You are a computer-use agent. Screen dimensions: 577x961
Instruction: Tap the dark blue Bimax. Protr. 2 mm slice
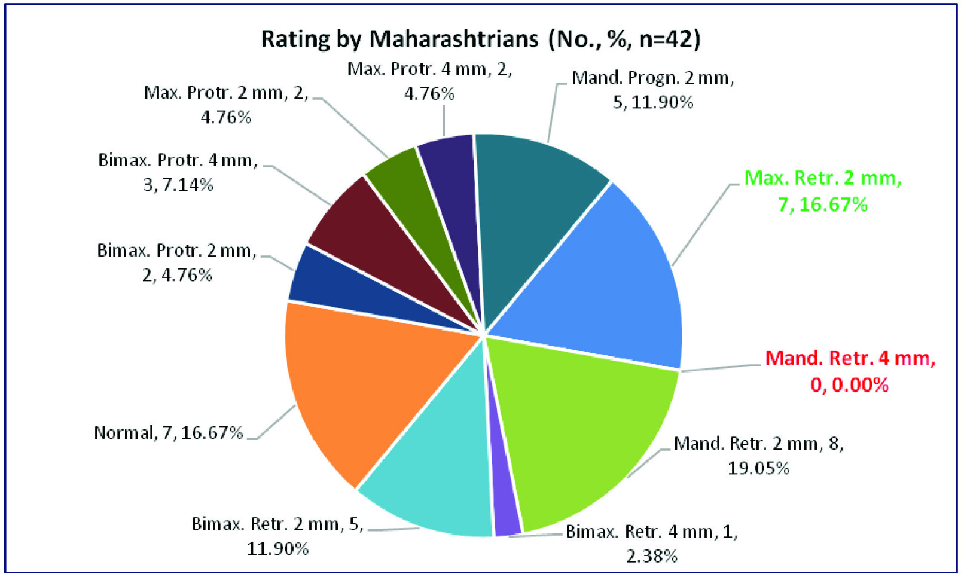click(x=335, y=281)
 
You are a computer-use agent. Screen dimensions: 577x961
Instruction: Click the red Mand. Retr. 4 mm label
click(x=850, y=371)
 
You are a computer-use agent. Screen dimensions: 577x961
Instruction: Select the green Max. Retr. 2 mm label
click(x=822, y=191)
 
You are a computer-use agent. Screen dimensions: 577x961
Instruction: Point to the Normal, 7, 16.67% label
click(x=168, y=432)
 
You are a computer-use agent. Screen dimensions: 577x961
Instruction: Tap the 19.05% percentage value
click(x=758, y=468)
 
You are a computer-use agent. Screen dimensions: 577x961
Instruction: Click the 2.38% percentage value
click(x=651, y=556)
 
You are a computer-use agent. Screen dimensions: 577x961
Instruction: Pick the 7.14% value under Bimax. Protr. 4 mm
click(x=187, y=185)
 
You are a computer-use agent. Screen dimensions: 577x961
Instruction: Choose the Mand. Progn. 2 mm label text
click(x=652, y=78)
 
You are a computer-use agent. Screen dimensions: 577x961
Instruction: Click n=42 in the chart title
click(x=669, y=39)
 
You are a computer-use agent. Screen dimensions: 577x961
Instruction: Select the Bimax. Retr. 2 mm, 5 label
click(x=277, y=524)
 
